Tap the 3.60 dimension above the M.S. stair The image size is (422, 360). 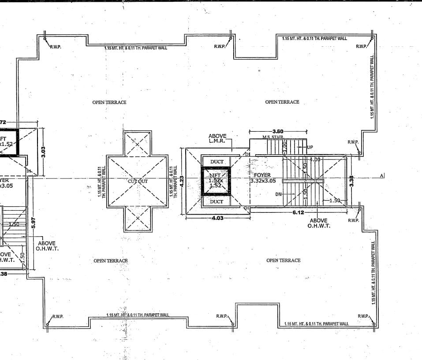tap(278, 131)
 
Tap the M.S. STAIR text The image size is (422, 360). tap(273, 137)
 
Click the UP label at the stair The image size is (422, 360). tap(310, 147)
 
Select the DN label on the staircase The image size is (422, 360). tap(279, 194)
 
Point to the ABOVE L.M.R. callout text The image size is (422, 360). tap(217, 138)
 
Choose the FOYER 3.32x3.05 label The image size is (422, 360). tap(263, 178)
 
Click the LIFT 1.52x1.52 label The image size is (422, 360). tap(215, 180)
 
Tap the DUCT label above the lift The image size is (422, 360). tap(217, 162)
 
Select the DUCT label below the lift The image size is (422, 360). tap(217, 201)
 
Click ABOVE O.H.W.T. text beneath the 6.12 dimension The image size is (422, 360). tap(318, 223)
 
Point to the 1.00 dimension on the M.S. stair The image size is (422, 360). tap(285, 147)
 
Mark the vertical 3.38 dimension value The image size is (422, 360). tap(352, 181)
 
